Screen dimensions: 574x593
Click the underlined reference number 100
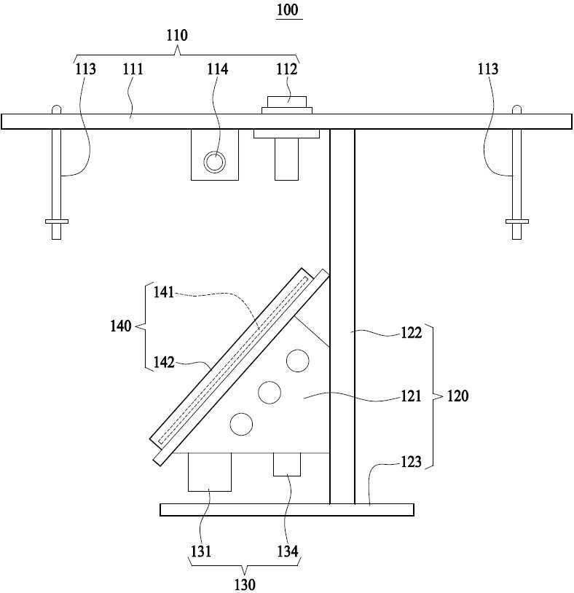288,9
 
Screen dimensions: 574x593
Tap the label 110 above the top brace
177,35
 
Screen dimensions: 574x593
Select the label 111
133,69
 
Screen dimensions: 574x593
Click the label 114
217,69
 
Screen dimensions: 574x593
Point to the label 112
286,69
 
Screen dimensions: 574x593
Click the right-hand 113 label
488,69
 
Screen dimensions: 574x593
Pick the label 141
163,292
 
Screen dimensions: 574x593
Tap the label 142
164,362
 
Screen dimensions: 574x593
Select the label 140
121,326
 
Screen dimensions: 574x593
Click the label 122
411,333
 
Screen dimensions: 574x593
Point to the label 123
411,462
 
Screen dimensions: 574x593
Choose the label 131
201,551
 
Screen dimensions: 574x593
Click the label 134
288,551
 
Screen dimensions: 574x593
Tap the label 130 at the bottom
245,585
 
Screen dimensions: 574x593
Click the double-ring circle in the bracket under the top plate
215,162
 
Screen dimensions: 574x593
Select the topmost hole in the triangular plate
298,361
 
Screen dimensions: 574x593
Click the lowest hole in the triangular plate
241,424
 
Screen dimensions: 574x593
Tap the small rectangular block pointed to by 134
287,464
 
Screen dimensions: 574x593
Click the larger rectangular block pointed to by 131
210,472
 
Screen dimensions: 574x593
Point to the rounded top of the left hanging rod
56,109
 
